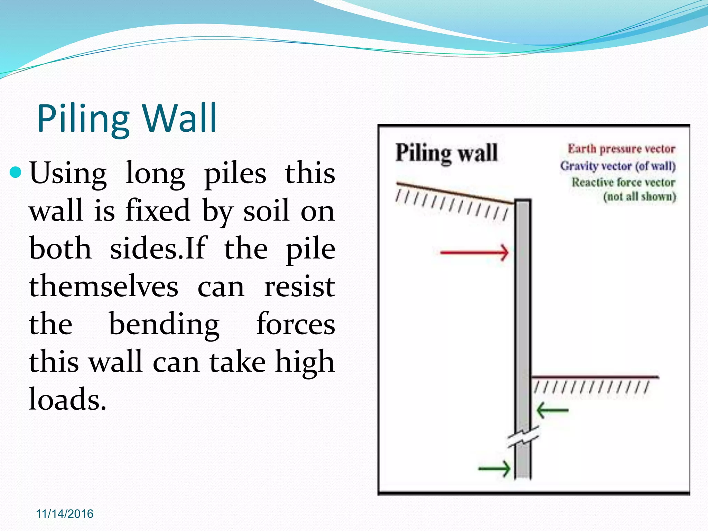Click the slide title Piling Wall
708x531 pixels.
coord(127,119)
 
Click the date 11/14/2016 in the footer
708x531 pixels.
coord(65,514)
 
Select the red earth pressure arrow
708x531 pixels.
coord(474,253)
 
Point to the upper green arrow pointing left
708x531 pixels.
coord(552,410)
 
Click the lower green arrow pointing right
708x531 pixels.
coord(494,469)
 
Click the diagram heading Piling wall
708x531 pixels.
coord(446,152)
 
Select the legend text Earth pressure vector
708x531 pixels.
coord(621,149)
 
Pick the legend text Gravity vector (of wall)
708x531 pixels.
coord(618,166)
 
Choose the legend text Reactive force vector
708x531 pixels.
coord(623,182)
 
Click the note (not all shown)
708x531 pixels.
coord(640,197)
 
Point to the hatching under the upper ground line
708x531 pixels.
coord(451,205)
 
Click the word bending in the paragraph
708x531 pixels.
coord(164,325)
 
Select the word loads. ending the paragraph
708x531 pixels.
coord(67,399)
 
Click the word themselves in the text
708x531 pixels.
coord(103,287)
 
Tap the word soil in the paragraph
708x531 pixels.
coord(266,211)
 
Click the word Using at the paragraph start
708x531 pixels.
coord(68,173)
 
